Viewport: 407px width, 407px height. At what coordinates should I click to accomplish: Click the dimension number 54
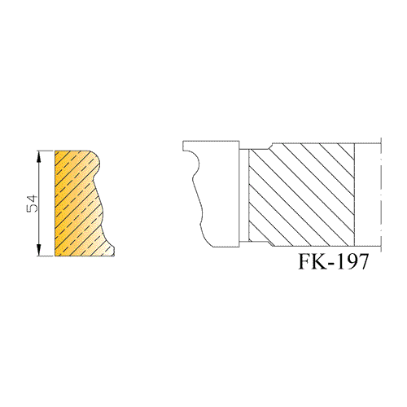point(33,203)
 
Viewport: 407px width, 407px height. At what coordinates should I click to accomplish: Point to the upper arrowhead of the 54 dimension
point(39,156)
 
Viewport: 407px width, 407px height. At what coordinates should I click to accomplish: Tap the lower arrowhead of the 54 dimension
point(39,250)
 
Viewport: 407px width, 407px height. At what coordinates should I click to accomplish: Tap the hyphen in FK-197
point(334,263)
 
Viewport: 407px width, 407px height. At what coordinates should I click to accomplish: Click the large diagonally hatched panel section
point(301,195)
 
